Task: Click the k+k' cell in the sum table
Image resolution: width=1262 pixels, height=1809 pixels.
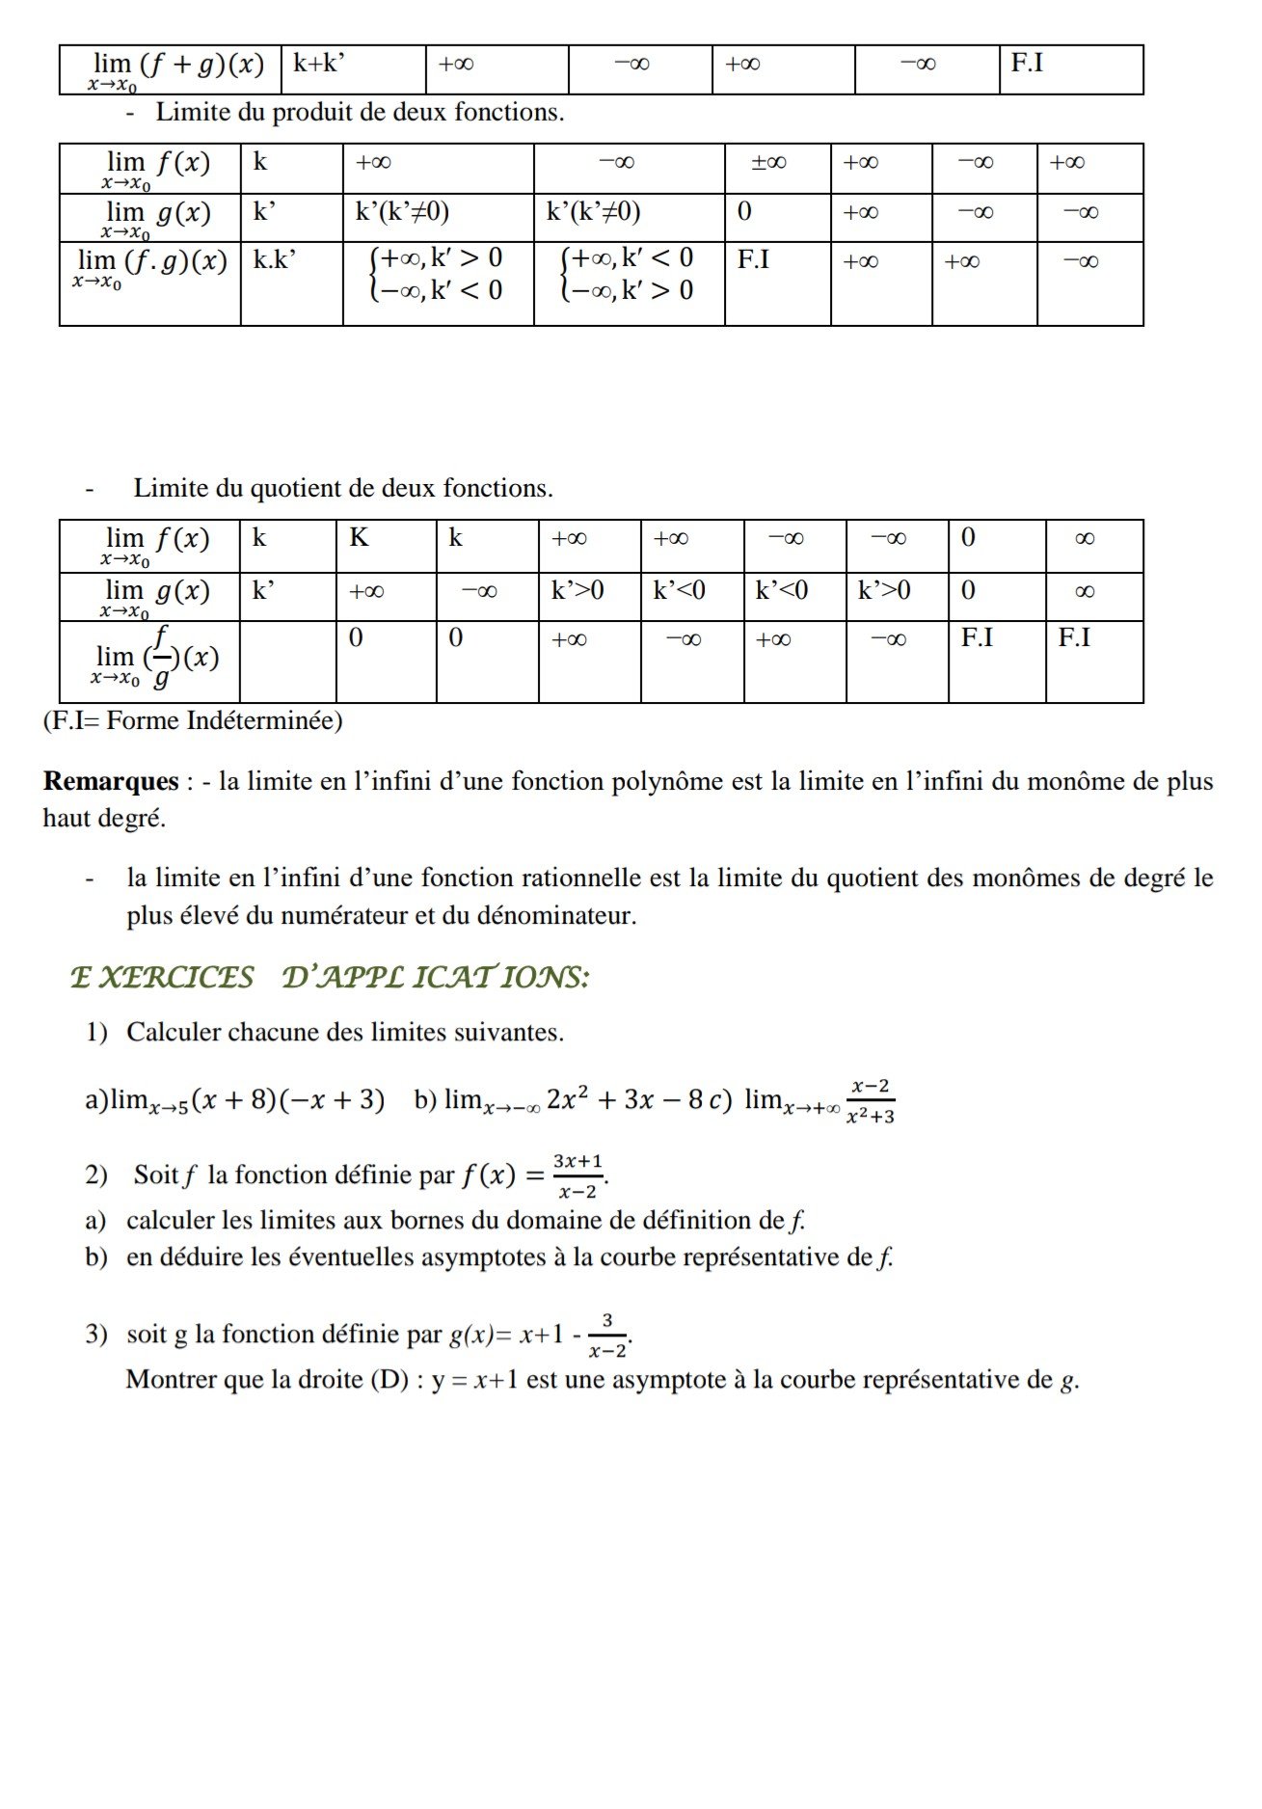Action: coord(319,65)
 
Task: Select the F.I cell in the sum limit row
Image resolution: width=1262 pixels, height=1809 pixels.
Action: coord(1028,64)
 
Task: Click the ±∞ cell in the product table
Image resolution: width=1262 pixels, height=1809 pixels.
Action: coord(769,163)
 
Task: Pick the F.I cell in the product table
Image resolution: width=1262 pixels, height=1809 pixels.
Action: coord(753,260)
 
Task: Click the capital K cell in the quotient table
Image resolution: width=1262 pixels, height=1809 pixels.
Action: coord(359,538)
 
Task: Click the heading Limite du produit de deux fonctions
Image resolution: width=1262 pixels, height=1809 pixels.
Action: coord(360,113)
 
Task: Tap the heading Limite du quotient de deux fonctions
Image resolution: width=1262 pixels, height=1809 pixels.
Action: coord(343,489)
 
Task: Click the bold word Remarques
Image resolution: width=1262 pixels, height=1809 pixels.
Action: coord(111,782)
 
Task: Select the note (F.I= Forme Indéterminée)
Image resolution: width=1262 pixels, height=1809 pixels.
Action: coord(193,721)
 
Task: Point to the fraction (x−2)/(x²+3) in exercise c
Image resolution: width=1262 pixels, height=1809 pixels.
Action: coord(870,1101)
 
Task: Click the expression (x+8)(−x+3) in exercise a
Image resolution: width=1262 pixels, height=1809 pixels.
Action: coord(288,1100)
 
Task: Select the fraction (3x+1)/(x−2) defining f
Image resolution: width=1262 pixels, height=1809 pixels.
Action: coord(578,1175)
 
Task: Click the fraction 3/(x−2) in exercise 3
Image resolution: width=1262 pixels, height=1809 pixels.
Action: coord(607,1335)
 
